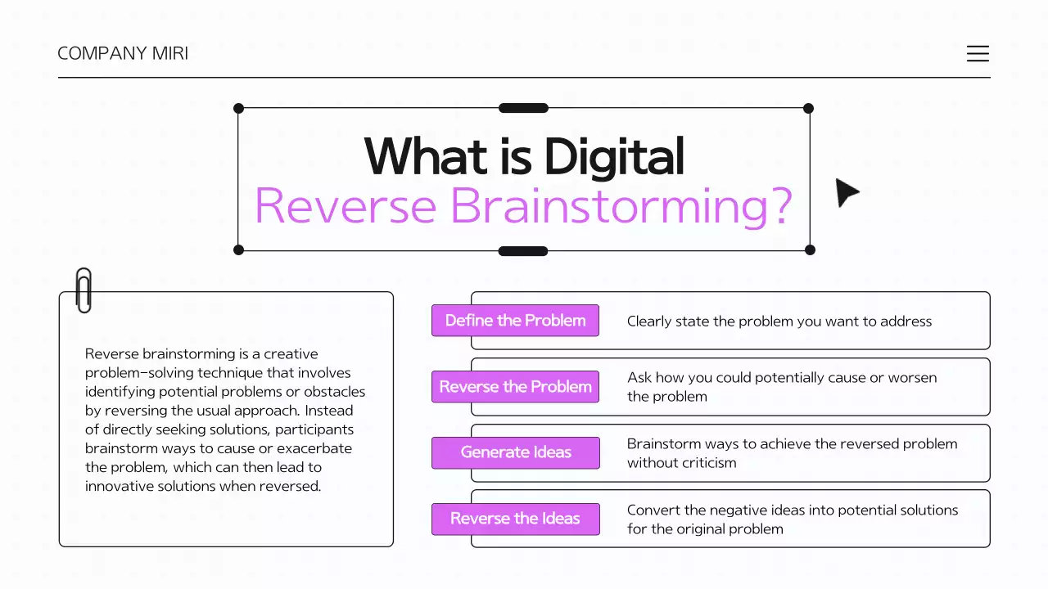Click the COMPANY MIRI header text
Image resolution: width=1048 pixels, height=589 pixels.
(x=123, y=54)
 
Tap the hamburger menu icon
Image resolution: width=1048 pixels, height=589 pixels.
(x=978, y=54)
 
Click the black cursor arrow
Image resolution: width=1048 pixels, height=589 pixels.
(x=846, y=193)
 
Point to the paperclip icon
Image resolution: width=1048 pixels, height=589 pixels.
(x=83, y=290)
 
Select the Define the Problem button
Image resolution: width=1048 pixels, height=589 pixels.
(x=515, y=321)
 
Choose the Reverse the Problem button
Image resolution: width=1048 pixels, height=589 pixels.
(x=515, y=387)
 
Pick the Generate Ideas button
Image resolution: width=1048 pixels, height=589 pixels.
(x=515, y=452)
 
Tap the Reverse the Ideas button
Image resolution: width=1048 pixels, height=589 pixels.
(x=515, y=519)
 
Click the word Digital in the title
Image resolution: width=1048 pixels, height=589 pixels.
(x=613, y=156)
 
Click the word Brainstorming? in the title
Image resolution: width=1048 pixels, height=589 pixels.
(x=621, y=205)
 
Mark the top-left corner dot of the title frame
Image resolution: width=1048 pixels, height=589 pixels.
(x=239, y=108)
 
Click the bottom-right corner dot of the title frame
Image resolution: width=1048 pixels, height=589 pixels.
(x=810, y=250)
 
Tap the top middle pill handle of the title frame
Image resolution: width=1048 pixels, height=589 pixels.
(x=523, y=108)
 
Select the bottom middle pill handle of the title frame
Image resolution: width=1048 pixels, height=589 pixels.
(x=523, y=250)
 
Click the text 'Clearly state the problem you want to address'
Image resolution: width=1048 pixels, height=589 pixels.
(x=779, y=321)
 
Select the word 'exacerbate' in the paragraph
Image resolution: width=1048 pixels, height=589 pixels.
(x=314, y=448)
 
